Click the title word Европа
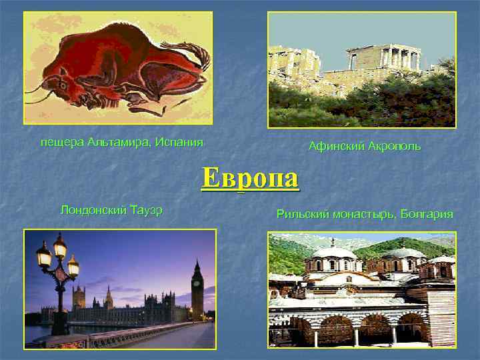(x=251, y=178)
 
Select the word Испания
(x=179, y=142)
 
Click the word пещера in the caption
(x=60, y=142)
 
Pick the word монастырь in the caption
(x=364, y=214)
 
